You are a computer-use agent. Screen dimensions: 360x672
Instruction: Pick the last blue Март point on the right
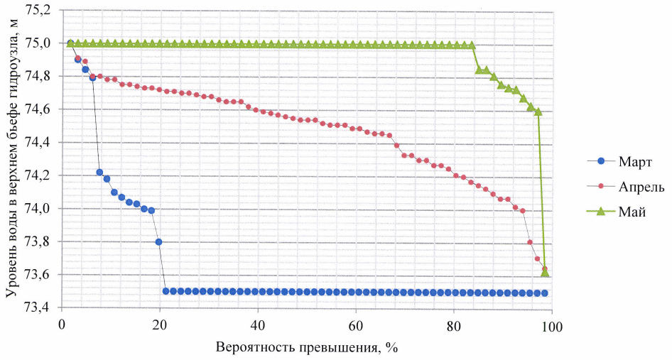(x=545, y=293)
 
